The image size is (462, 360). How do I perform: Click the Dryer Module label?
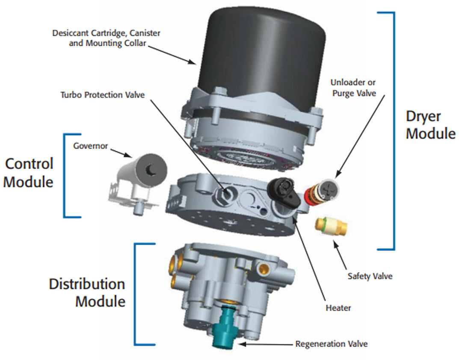coord(430,125)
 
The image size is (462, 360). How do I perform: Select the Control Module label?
coord(29,172)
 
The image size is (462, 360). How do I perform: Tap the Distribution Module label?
coord(87,292)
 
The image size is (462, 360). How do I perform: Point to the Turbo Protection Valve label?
coord(103,95)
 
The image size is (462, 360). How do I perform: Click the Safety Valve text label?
coord(370,276)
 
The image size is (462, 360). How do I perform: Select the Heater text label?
coord(338,307)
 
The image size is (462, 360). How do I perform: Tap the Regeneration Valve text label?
coord(332,344)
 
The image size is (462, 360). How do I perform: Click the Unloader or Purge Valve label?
coord(353,88)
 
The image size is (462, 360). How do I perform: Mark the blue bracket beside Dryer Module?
coord(392,130)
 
